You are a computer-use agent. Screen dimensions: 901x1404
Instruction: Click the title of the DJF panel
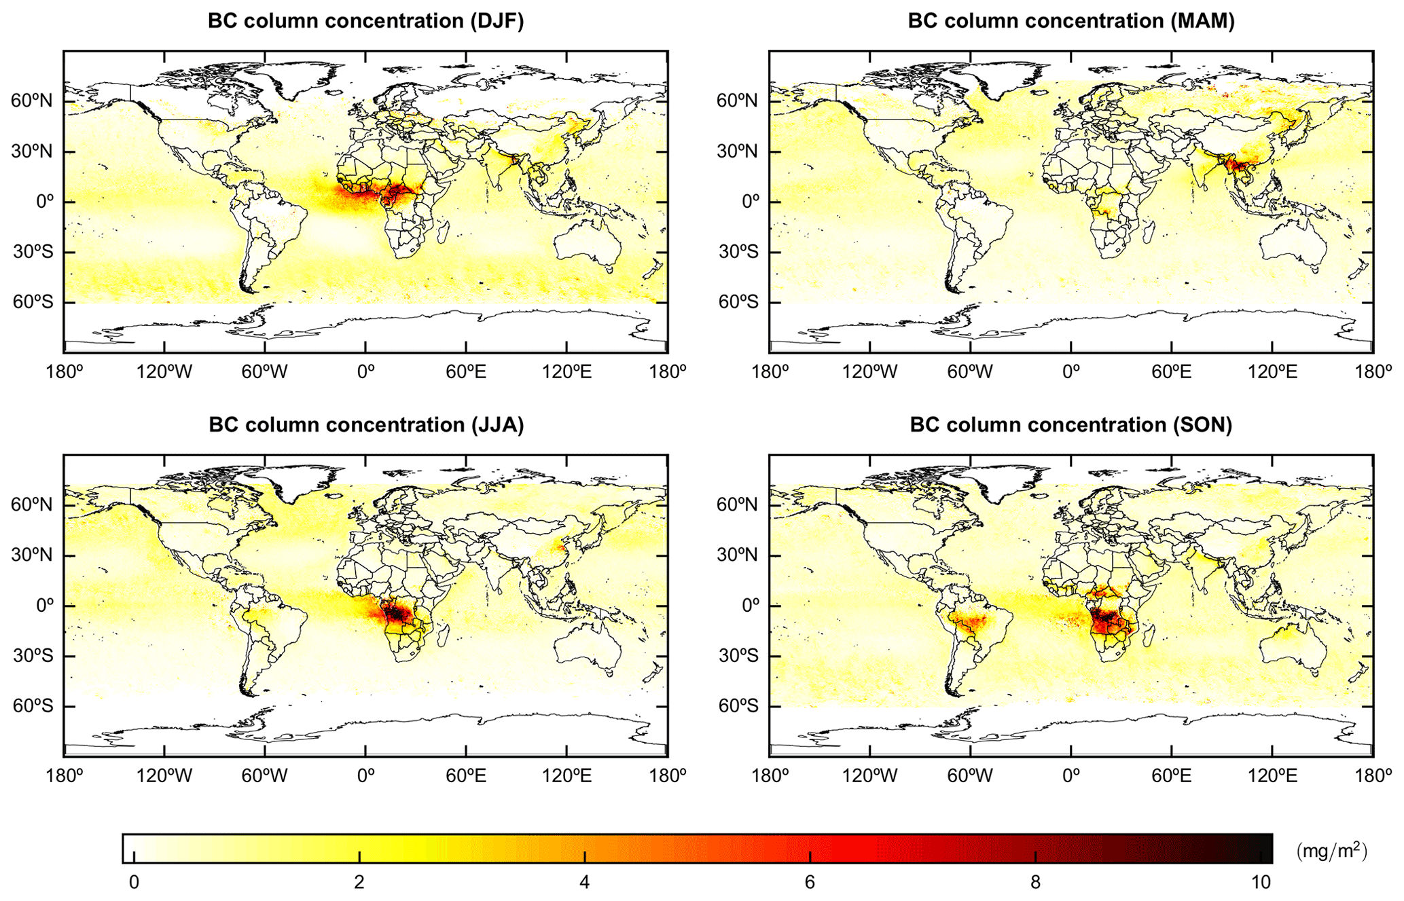[365, 21]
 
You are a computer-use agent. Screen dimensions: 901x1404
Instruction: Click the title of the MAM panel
[1071, 21]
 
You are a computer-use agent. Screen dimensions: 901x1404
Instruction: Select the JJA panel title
[365, 425]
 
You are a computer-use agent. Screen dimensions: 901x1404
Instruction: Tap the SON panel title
[1071, 425]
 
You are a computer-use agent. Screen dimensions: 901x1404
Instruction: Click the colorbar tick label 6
[810, 882]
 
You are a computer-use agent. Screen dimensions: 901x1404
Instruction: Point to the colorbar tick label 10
[1261, 882]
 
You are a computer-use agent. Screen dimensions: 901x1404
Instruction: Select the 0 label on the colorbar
[134, 882]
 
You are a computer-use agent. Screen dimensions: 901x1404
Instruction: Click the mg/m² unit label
[1331, 851]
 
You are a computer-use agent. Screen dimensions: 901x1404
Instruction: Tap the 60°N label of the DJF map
[31, 101]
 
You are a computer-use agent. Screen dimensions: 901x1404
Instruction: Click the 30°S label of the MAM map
[738, 252]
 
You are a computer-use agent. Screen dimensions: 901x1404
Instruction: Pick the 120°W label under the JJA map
[164, 775]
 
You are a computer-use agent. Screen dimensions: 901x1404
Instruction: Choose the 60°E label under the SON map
[1172, 775]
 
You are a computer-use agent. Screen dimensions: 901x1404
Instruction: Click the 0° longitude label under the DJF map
[365, 371]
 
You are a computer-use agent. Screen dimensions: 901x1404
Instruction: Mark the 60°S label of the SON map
[738, 706]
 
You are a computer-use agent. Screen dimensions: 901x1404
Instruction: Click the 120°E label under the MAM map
[1271, 371]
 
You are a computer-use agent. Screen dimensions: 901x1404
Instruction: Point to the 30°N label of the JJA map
[31, 555]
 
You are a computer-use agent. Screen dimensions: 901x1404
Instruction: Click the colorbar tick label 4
[584, 882]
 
